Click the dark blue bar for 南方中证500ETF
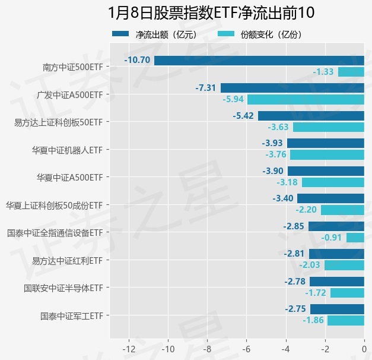coord(259,60)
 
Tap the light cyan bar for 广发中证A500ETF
coord(306,99)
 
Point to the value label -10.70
coord(137,60)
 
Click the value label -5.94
coord(233,99)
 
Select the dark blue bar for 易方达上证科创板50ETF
coord(311,115)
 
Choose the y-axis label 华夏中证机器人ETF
coord(67,150)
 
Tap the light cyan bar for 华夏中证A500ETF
coord(333,182)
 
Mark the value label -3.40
coord(283,198)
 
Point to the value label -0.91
coord(332,238)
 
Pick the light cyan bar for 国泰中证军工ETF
coord(346,321)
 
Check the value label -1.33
coord(323,72)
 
